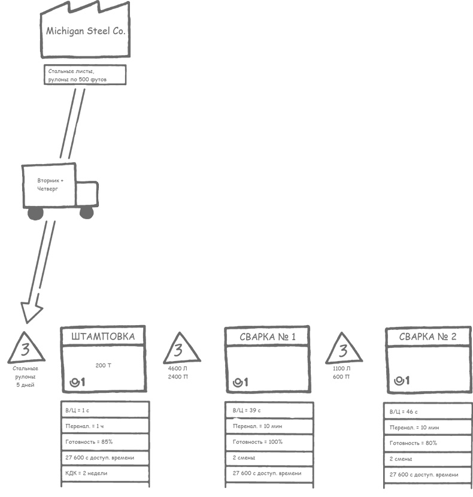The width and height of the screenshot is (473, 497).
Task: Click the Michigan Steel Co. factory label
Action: tap(86, 32)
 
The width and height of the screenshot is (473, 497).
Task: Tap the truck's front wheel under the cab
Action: tap(87, 212)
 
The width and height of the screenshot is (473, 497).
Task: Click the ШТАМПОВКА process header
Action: tap(103, 337)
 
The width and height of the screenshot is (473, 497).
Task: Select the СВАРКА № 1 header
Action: tap(268, 337)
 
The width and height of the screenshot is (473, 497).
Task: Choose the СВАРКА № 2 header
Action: tap(428, 337)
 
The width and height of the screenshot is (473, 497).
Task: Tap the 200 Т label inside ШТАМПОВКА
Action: tap(103, 365)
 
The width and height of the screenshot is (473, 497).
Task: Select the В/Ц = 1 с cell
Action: tap(105, 410)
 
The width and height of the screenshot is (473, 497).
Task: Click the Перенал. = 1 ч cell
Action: tap(105, 426)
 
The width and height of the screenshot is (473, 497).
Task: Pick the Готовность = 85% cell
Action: tap(105, 442)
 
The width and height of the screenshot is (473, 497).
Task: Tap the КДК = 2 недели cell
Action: tap(105, 473)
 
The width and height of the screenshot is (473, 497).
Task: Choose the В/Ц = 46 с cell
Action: tap(427, 412)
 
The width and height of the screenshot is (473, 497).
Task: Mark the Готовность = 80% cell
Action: tap(427, 443)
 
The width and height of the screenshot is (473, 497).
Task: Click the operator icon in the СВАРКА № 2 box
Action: tap(402, 381)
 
